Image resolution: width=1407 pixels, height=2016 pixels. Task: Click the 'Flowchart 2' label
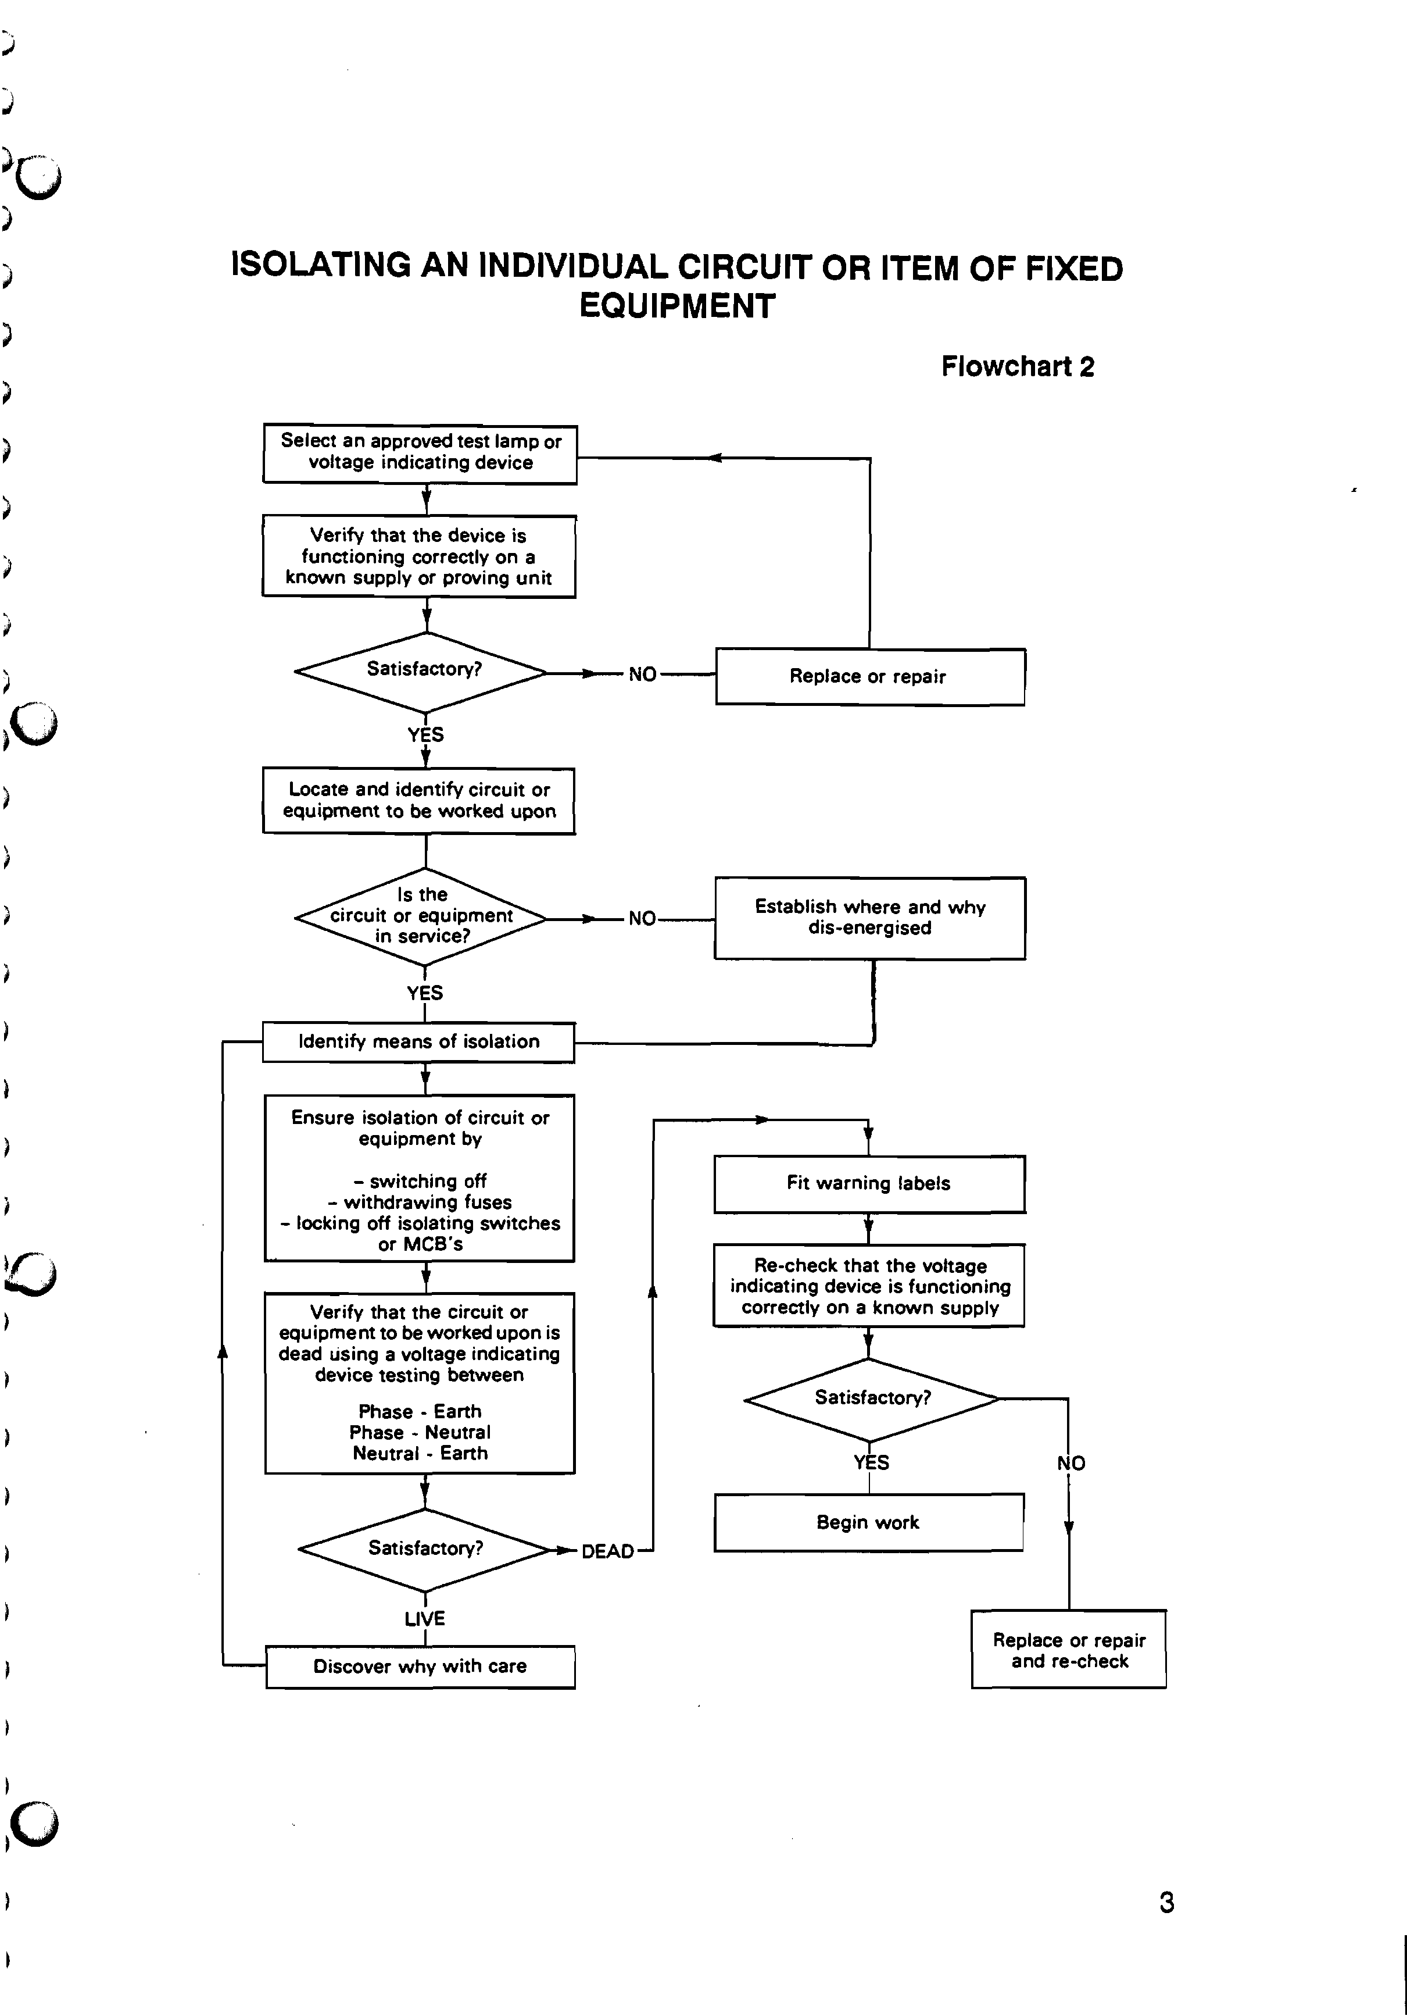tap(1017, 367)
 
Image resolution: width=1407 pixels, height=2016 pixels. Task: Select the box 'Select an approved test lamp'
tap(420, 453)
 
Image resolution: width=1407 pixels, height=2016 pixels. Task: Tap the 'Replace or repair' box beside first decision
tap(869, 676)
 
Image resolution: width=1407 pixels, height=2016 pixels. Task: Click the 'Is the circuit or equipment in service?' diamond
tap(421, 916)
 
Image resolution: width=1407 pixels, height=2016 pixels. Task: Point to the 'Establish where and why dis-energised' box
tap(869, 918)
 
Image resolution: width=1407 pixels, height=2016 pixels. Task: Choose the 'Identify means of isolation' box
tap(418, 1042)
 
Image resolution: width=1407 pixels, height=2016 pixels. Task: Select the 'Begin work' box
tap(868, 1522)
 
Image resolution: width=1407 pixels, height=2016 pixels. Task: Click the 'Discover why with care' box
tap(420, 1667)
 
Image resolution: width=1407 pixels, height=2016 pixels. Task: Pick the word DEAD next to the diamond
tap(607, 1551)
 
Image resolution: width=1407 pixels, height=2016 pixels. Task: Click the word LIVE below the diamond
tap(425, 1618)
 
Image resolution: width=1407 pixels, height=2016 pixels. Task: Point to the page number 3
tap(1166, 1903)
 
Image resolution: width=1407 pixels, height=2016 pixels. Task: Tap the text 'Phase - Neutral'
tap(420, 1432)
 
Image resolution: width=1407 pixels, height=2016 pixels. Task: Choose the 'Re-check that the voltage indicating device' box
tap(869, 1286)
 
